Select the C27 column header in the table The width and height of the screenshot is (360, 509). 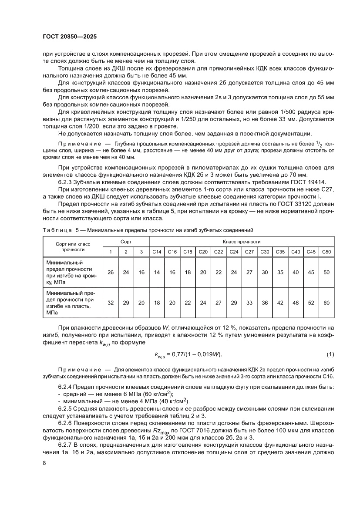(249, 252)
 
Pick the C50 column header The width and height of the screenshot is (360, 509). (326, 252)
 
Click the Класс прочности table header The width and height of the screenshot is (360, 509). (242, 241)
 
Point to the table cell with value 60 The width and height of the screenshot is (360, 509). (326, 302)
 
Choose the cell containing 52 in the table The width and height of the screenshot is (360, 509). (311, 302)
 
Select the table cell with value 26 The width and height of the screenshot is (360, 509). (111, 272)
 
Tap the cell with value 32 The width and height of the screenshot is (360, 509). (111, 302)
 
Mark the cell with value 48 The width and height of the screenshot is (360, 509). (296, 302)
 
